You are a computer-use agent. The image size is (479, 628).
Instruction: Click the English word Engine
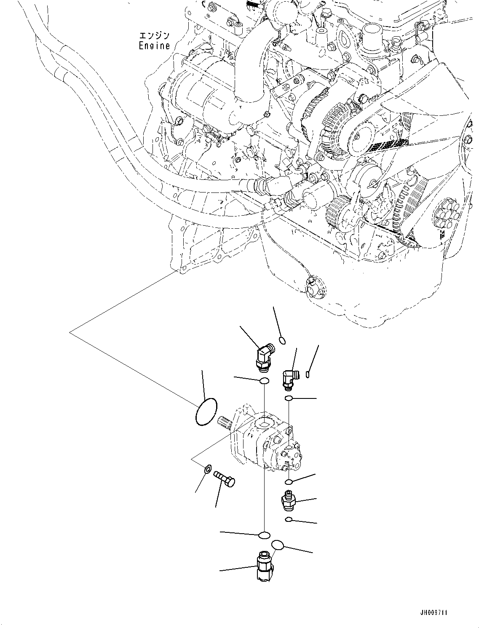point(154,46)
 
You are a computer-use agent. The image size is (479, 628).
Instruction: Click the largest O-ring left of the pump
point(206,412)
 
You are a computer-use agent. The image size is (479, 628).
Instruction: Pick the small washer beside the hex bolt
point(207,468)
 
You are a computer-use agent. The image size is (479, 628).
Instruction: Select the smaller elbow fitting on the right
point(289,378)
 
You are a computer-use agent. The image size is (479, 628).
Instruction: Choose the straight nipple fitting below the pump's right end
point(288,500)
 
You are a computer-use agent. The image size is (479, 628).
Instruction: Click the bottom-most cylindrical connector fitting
point(264,568)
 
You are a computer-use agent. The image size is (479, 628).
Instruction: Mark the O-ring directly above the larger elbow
point(282,340)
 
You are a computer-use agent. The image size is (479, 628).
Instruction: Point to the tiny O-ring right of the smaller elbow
point(308,373)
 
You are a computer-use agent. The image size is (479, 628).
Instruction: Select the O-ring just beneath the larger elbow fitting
point(265,381)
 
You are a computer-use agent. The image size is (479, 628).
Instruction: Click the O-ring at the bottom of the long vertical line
point(264,535)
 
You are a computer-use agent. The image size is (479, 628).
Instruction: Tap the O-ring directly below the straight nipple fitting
point(288,519)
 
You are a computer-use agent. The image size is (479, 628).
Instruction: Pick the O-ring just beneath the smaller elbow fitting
point(289,398)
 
